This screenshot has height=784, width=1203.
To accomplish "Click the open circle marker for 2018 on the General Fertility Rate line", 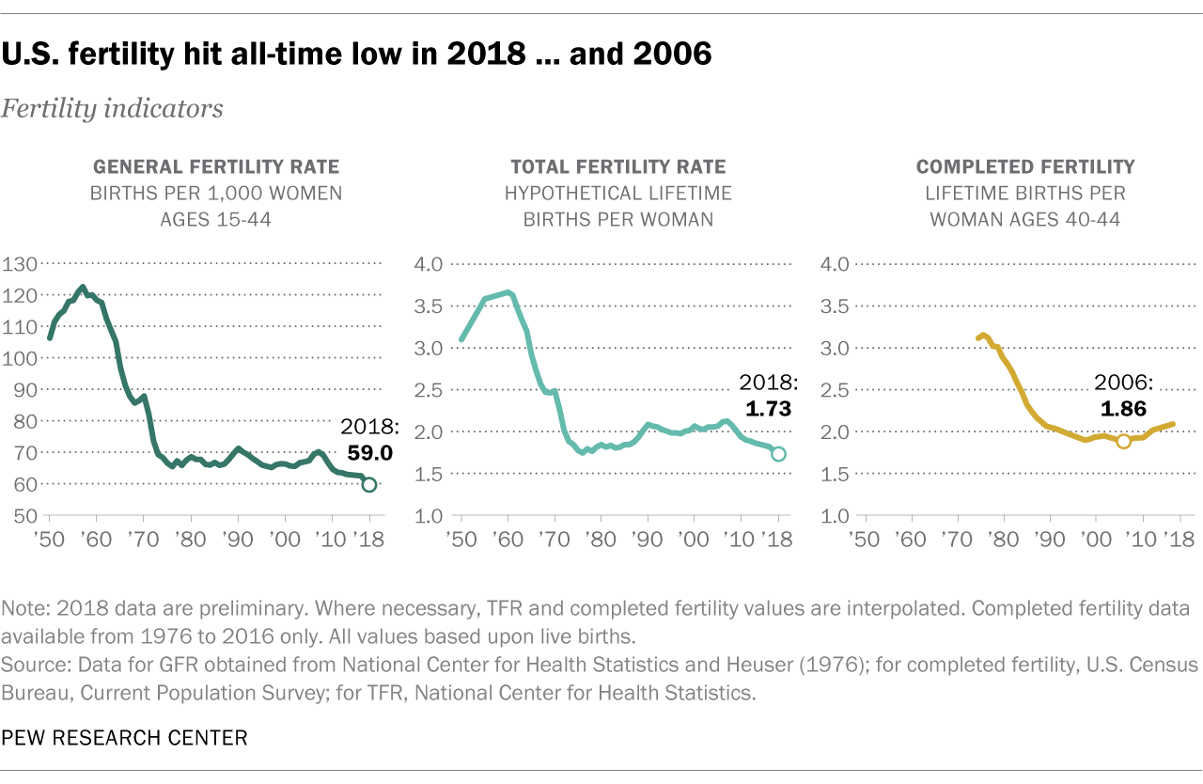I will [369, 485].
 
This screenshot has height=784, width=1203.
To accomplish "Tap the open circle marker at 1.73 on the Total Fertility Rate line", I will [778, 454].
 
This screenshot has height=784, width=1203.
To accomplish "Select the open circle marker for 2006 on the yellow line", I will [1123, 441].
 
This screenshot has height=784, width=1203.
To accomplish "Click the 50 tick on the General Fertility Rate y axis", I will [23, 516].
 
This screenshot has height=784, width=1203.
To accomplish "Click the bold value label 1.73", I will [770, 408].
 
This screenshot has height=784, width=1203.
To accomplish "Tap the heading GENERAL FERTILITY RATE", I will [216, 167].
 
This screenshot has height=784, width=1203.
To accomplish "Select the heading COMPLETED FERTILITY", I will [1025, 167].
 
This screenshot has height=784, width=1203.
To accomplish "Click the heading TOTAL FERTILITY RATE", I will [617, 167].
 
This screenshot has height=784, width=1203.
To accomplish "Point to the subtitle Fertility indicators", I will [112, 109].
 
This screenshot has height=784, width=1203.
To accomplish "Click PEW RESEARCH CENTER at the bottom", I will [124, 738].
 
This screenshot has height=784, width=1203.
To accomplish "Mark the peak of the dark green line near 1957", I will [83, 288].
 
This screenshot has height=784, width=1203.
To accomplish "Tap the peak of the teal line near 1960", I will [508, 292].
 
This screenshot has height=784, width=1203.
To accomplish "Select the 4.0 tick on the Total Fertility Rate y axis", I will [429, 264].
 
